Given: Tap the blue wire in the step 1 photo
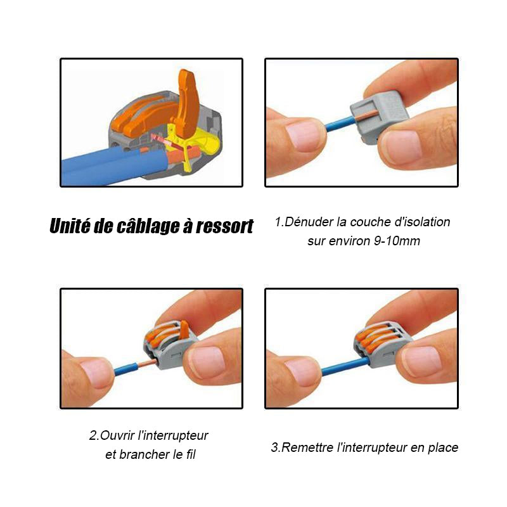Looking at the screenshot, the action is coord(340,124).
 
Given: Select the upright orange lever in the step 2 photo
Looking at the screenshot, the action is coord(184,330).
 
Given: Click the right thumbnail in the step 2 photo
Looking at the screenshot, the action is coord(207,362).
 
